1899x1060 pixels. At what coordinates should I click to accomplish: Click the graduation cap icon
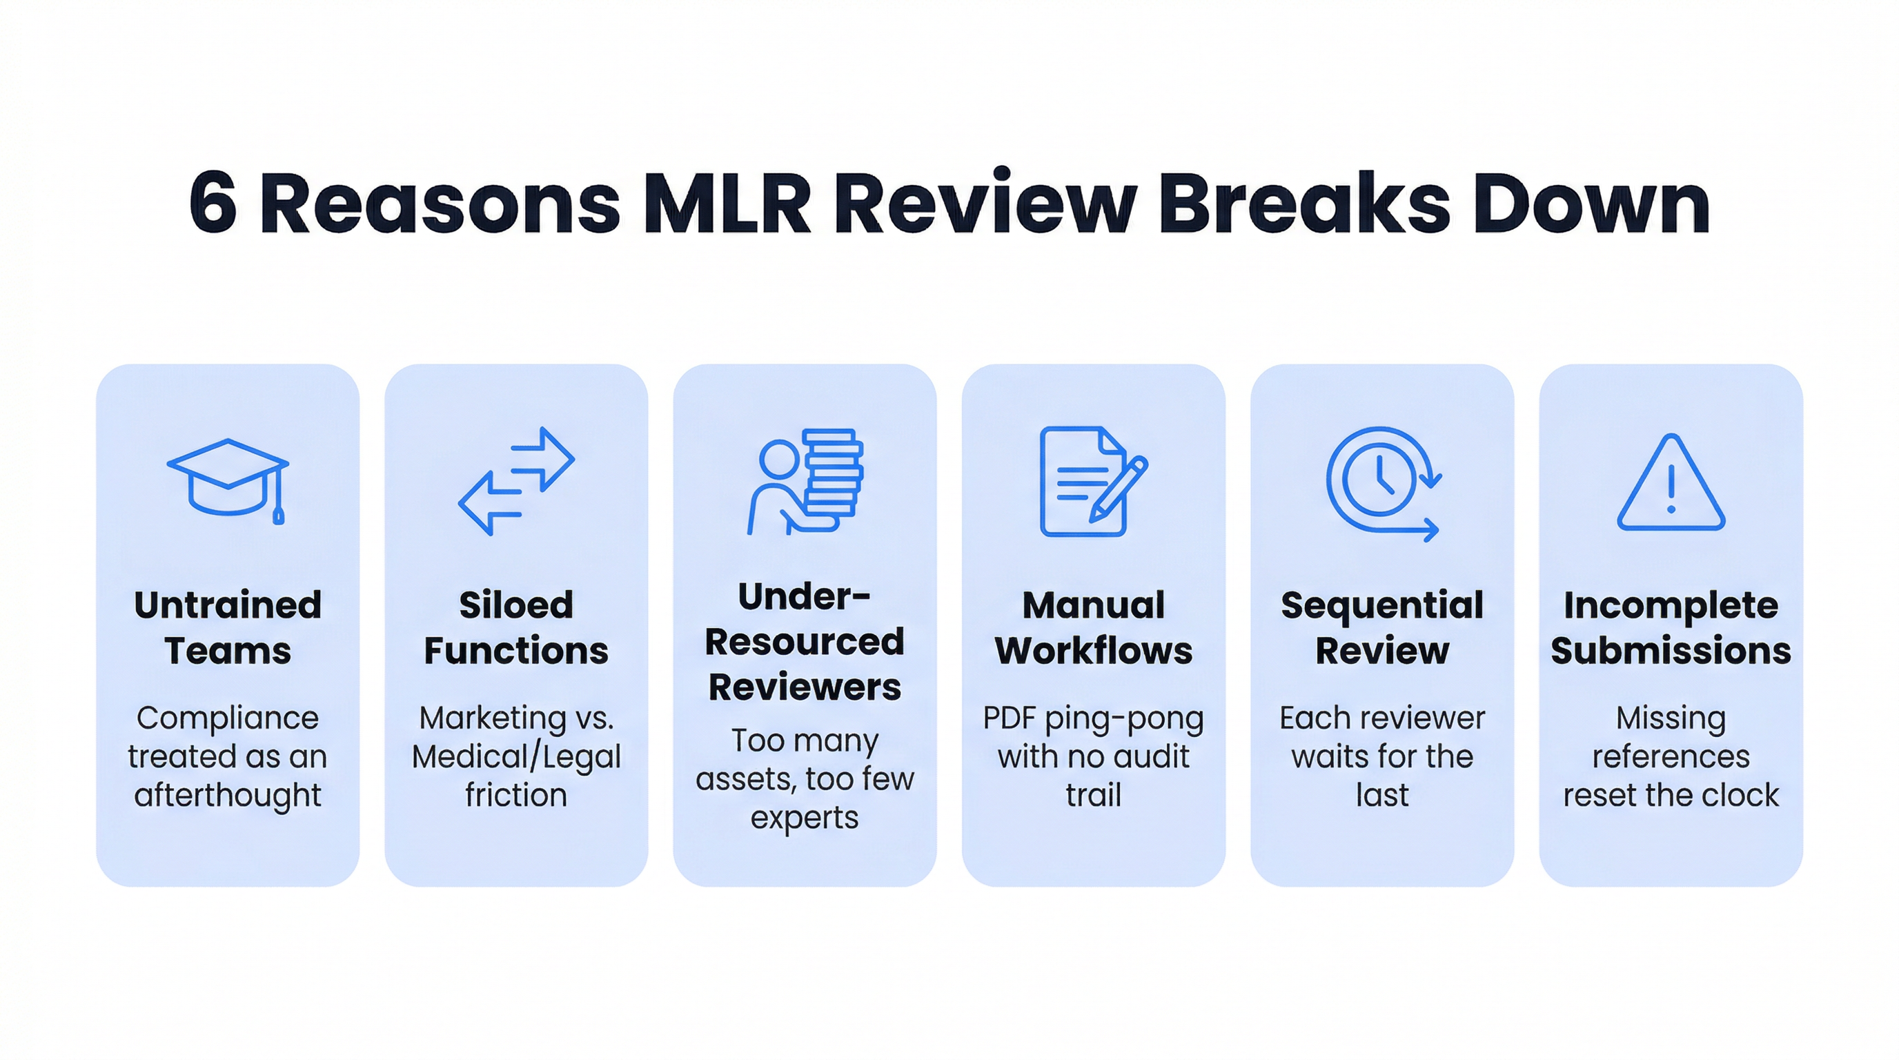click(x=228, y=480)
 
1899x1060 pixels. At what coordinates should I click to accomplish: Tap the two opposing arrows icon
click(x=516, y=480)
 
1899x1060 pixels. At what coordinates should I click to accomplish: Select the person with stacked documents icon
click(x=805, y=480)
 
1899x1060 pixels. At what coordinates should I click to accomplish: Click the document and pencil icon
click(x=1093, y=480)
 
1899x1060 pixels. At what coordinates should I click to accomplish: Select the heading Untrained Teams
click(x=228, y=628)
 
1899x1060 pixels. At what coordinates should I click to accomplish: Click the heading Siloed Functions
click(x=516, y=628)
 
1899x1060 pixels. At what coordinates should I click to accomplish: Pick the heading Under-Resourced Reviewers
click(x=805, y=641)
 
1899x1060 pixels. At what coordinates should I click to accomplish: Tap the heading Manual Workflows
click(x=1093, y=628)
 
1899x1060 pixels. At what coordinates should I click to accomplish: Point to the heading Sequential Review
click(x=1382, y=628)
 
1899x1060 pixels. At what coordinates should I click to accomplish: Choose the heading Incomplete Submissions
click(x=1671, y=628)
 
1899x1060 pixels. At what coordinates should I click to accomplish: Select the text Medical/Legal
click(x=516, y=757)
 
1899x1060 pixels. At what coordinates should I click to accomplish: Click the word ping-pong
click(x=1124, y=718)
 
